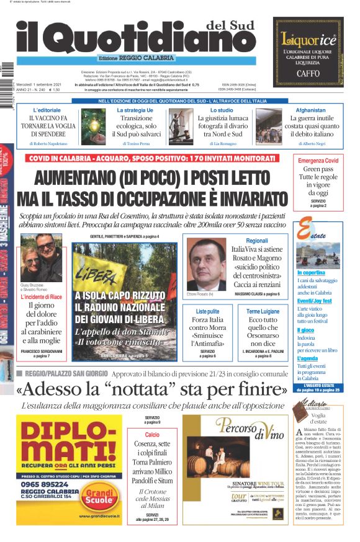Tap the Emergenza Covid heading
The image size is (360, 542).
click(x=318, y=161)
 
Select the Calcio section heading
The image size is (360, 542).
click(x=152, y=435)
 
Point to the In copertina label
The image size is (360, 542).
click(x=311, y=273)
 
